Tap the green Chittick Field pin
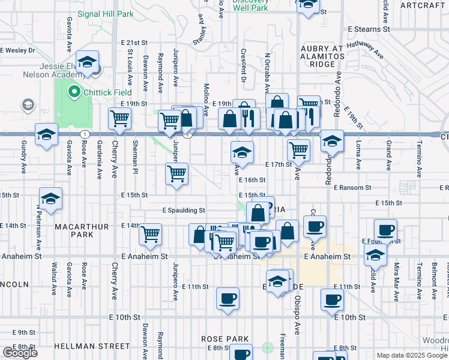click(74, 92)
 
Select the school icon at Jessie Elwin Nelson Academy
click(88, 62)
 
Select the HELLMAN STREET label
click(91, 346)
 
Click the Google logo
click(19, 353)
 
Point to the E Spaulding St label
click(184, 211)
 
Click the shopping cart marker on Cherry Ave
click(120, 119)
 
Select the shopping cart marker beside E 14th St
click(151, 234)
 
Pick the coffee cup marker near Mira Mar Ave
click(385, 229)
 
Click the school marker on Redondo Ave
click(331, 141)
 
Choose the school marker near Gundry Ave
click(46, 134)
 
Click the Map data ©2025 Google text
click(412, 355)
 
